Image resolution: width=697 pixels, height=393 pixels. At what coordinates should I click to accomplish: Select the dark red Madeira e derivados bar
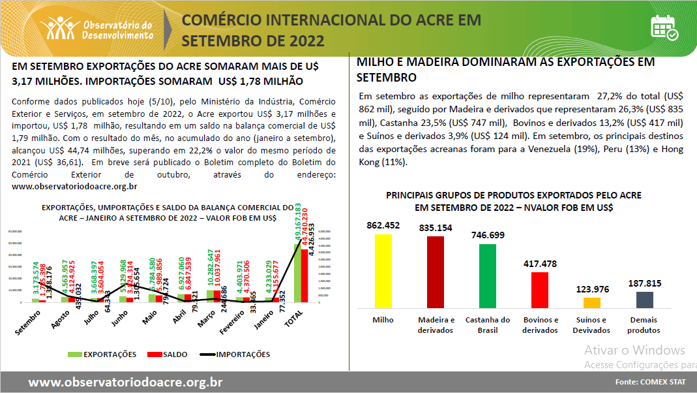436,272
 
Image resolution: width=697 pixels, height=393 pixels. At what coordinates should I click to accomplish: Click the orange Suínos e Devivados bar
592,302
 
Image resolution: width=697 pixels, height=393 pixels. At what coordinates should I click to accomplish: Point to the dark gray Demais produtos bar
644,300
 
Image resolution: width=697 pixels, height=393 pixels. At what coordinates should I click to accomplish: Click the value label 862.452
383,226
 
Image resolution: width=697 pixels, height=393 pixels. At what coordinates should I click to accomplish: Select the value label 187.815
644,283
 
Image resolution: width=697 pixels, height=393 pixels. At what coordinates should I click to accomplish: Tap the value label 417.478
540,264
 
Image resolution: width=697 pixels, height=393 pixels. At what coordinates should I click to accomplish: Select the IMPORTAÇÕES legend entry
235,354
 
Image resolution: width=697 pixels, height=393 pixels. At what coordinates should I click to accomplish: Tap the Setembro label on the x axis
27,321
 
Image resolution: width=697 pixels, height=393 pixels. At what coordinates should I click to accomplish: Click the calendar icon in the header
664,28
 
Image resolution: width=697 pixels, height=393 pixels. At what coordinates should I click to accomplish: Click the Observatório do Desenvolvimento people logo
59,27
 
